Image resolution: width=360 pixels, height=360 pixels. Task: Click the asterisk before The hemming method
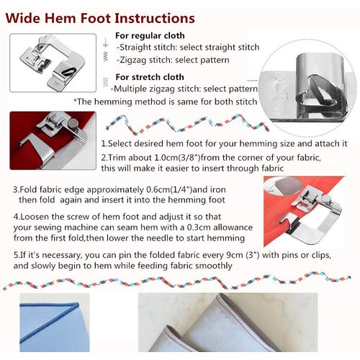click(x=76, y=102)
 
